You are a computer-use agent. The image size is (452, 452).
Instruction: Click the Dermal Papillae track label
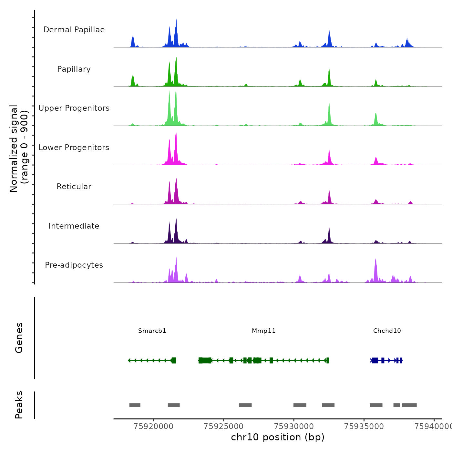click(74, 30)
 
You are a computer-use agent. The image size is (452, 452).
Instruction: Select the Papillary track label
click(74, 69)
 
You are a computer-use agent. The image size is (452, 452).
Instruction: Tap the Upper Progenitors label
click(74, 108)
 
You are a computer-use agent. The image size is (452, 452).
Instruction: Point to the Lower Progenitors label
click(74, 148)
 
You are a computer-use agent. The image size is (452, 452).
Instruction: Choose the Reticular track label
click(74, 187)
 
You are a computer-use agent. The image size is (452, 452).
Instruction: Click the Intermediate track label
click(74, 226)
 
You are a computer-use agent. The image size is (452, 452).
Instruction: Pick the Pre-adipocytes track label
click(74, 265)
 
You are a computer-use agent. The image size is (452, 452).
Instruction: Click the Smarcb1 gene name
click(152, 331)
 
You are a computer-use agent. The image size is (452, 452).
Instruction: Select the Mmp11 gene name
click(264, 331)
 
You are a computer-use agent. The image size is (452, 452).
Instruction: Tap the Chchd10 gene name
click(387, 331)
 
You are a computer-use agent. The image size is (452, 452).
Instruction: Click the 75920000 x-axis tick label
click(153, 426)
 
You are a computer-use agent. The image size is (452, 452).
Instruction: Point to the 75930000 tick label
click(294, 426)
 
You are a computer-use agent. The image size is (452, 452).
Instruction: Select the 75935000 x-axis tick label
click(364, 426)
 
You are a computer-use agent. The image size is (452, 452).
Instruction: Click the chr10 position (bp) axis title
click(278, 437)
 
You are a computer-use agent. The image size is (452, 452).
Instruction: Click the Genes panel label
click(19, 338)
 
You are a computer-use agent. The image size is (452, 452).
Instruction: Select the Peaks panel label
click(19, 405)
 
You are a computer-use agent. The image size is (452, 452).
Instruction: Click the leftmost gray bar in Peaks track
click(135, 405)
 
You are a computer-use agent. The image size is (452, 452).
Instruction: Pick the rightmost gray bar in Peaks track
click(409, 405)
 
